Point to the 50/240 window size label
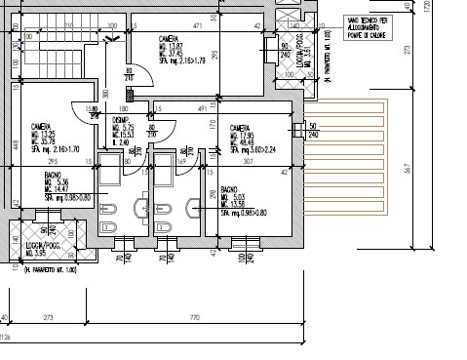(x=313, y=131)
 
